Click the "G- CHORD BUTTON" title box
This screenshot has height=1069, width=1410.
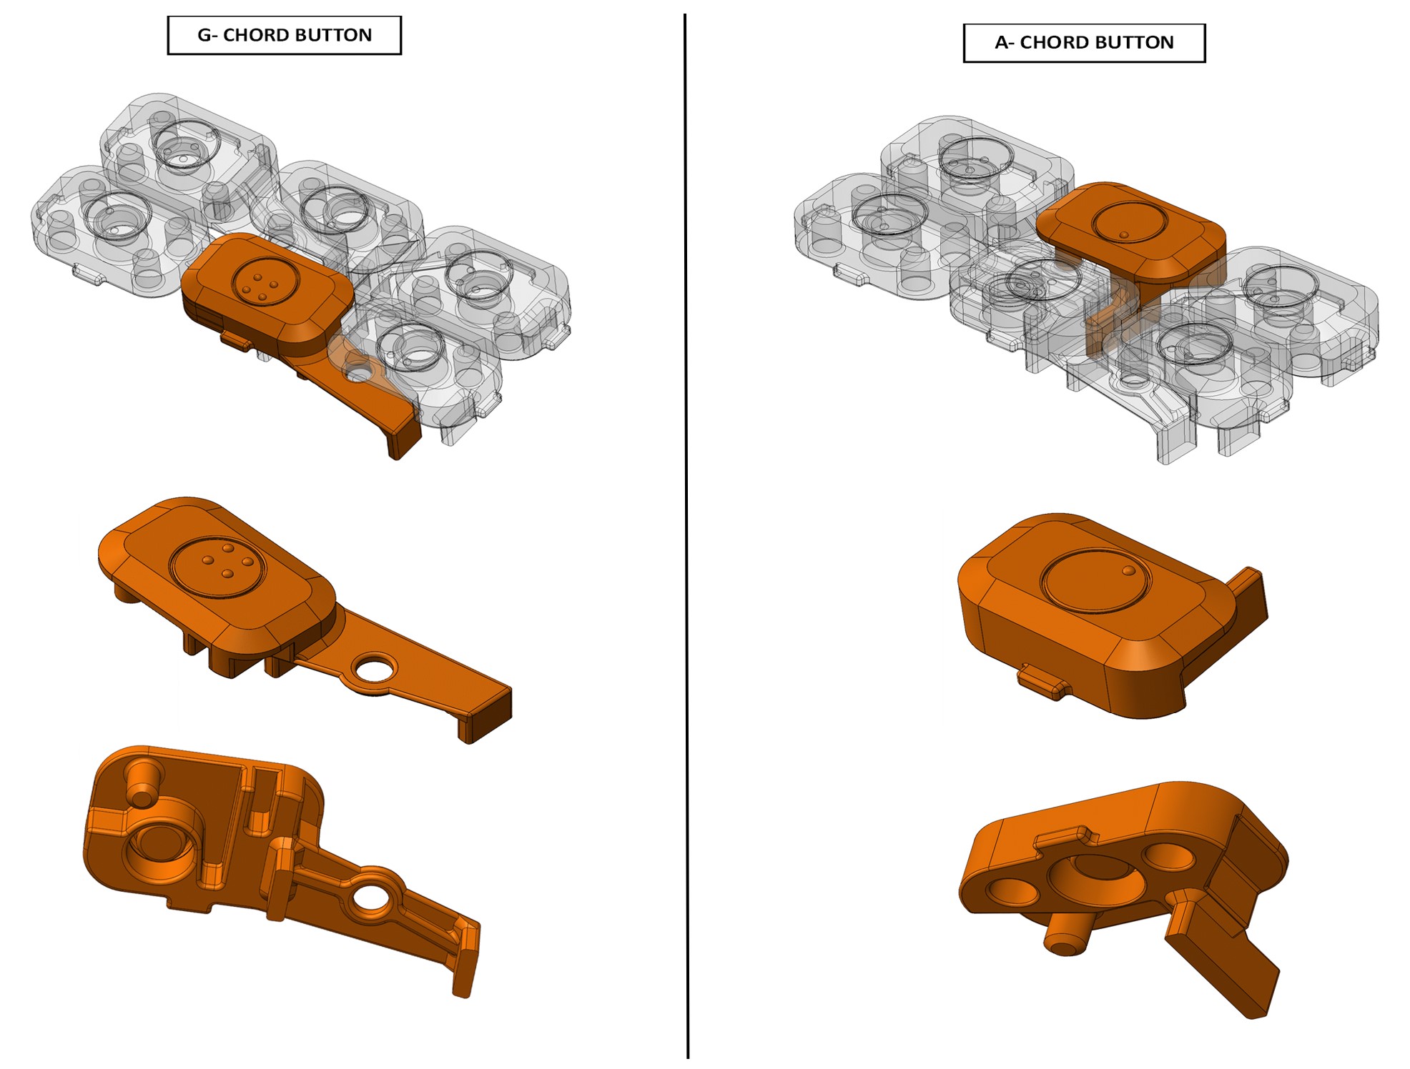[284, 35]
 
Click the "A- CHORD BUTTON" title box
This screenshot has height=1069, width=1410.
[1084, 43]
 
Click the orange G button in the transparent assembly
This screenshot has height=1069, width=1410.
[286, 314]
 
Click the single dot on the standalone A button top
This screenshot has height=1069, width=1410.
[1128, 571]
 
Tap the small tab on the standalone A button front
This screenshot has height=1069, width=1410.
[1043, 680]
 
